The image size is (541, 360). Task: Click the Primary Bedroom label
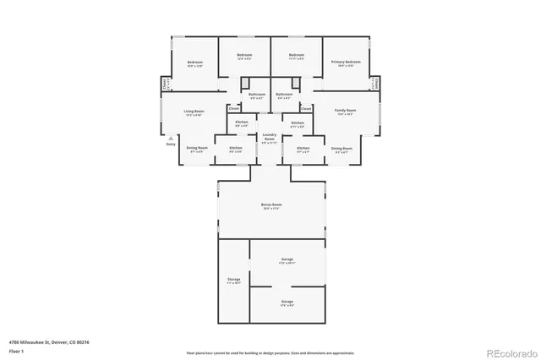pos(347,62)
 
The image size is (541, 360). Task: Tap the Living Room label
pos(194,111)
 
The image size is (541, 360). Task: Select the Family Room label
pos(345,111)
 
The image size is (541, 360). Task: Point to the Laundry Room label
pos(270,136)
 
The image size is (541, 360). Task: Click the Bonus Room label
pos(271,205)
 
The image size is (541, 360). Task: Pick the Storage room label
pos(234,279)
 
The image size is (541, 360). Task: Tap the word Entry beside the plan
pos(171,145)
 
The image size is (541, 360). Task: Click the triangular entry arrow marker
pos(171,137)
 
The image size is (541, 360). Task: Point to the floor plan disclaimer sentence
pos(271,352)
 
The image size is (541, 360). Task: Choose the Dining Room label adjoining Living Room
pos(197,148)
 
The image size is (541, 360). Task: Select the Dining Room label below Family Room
pos(342,148)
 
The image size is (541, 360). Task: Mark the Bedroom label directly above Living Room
pos(195,63)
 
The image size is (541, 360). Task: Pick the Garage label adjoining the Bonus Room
pos(287,259)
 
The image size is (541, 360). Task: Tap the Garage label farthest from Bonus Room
pos(287,302)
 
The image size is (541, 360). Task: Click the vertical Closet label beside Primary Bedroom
pos(374,85)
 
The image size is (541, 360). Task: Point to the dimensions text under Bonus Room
pos(271,209)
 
